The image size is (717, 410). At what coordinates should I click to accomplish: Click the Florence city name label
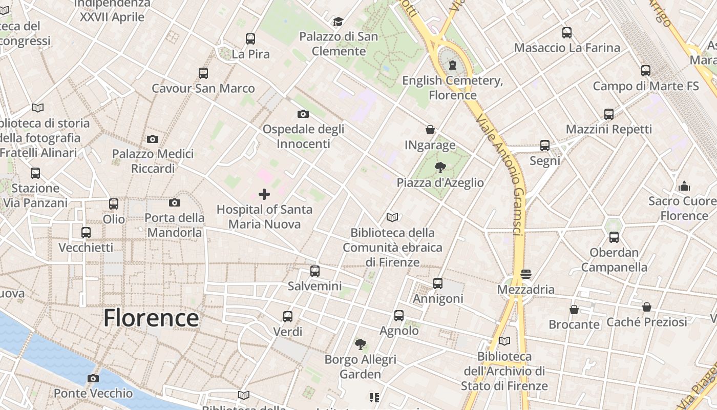[x=151, y=318]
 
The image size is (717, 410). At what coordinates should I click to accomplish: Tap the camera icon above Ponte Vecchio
[x=93, y=379]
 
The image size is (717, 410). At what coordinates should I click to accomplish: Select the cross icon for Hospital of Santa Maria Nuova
[x=264, y=194]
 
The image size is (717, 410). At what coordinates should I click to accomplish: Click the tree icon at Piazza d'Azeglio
[x=440, y=167]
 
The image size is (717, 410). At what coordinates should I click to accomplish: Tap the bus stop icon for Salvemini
[x=315, y=271]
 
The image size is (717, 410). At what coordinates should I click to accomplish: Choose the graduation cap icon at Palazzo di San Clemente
[x=338, y=22]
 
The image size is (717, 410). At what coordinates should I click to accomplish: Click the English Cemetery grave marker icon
[x=453, y=65]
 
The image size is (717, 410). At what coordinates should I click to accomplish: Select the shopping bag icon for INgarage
[x=430, y=130]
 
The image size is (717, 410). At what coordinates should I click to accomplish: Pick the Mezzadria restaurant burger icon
[x=526, y=274]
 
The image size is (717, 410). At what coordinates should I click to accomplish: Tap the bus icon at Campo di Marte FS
[x=646, y=71]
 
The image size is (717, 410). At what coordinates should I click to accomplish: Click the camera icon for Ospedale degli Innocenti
[x=303, y=114]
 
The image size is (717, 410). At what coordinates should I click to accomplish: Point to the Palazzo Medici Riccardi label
[x=153, y=161]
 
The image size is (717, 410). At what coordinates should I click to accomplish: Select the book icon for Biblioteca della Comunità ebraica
[x=392, y=217]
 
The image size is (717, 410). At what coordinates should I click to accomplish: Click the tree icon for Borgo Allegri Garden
[x=361, y=344]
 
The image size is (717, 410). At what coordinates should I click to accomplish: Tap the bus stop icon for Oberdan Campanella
[x=614, y=237]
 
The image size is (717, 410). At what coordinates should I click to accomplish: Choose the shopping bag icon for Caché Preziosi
[x=647, y=307]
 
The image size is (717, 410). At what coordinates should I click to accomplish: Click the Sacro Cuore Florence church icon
[x=684, y=186]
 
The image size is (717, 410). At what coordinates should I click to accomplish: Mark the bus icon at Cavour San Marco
[x=203, y=73]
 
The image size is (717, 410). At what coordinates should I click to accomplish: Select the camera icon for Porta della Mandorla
[x=175, y=202]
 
